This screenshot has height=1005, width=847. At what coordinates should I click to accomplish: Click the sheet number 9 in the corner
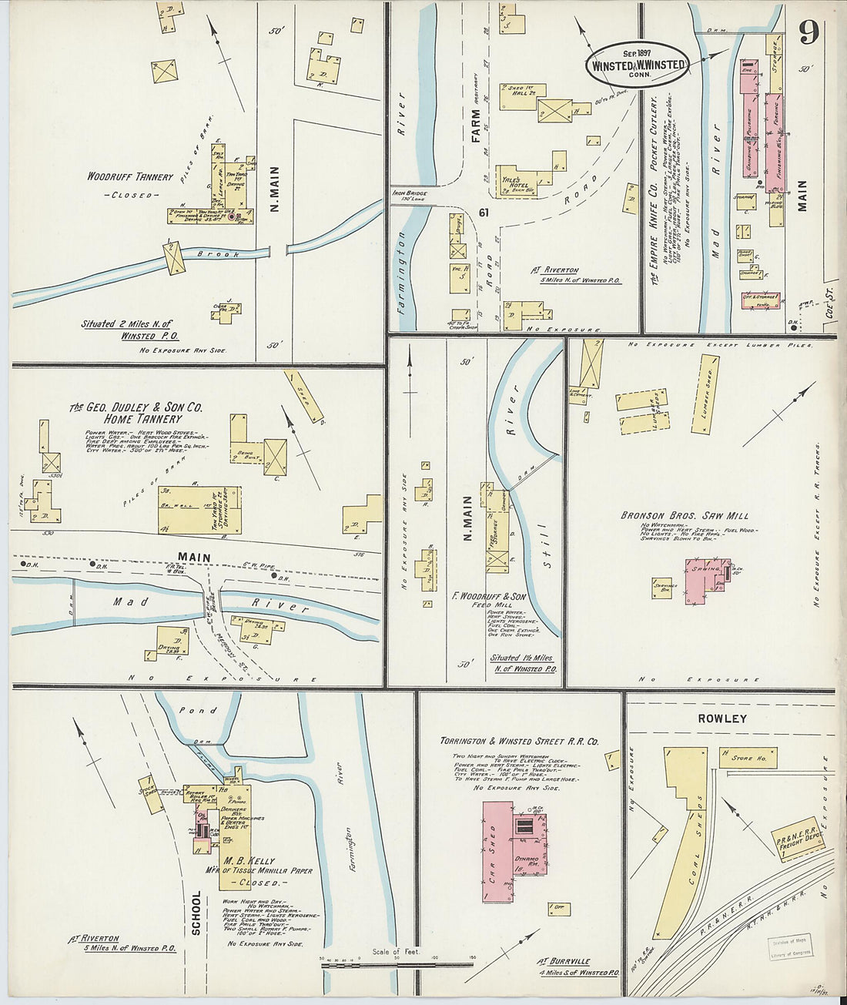tap(808, 32)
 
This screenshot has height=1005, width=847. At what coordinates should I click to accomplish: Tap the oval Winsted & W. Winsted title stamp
tap(638, 65)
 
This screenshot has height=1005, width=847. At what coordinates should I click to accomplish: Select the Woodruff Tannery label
tap(130, 176)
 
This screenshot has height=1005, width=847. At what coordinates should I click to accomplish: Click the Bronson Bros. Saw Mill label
tap(685, 515)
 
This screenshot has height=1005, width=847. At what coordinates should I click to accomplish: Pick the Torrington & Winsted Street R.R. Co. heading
tap(519, 742)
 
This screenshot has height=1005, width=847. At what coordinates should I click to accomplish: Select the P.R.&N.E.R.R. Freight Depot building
tap(798, 836)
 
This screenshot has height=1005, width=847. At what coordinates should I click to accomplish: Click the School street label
tap(196, 913)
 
